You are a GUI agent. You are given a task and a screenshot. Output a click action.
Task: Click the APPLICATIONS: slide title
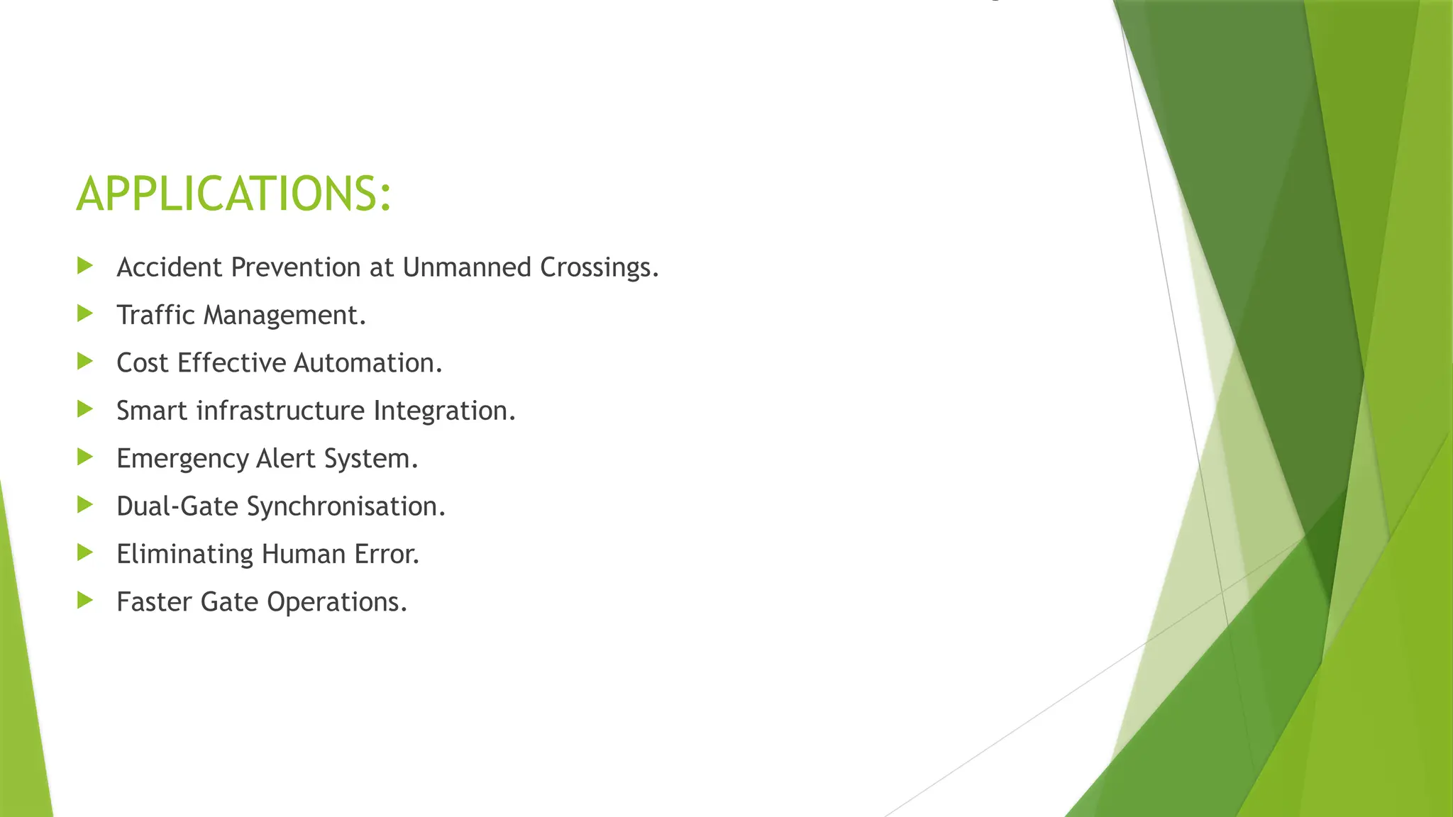(233, 194)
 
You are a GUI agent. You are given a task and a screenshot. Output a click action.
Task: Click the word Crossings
(599, 267)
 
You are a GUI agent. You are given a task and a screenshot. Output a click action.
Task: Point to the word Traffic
(155, 315)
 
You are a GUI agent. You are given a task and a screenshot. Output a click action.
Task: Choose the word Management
(284, 315)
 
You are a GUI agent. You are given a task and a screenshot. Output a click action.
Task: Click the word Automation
(368, 363)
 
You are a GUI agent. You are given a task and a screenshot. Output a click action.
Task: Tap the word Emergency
(182, 459)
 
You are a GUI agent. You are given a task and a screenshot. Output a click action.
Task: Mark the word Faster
(155, 602)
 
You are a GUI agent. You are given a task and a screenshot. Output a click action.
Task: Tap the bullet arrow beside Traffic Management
(85, 313)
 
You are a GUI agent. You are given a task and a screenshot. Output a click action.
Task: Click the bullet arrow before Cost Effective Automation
(85, 361)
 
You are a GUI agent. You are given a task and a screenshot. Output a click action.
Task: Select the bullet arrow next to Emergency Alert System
(85, 457)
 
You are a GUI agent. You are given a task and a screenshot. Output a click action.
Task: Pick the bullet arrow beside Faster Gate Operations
(85, 600)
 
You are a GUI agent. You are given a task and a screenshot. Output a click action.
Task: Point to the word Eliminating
(184, 554)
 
